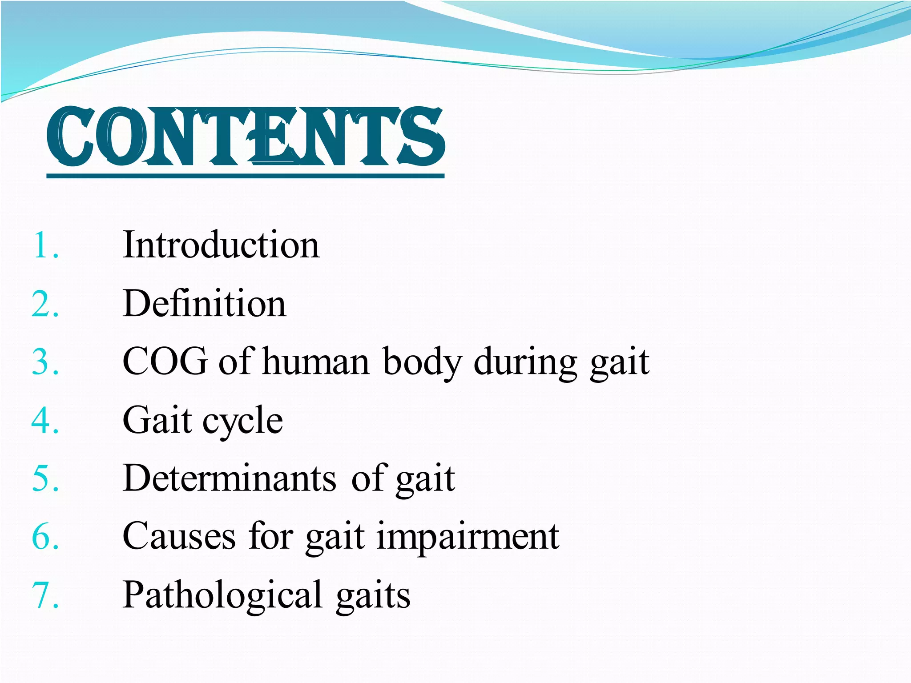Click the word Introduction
click(x=221, y=245)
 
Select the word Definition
click(x=204, y=304)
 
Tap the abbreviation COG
click(x=165, y=362)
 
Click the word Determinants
click(x=230, y=478)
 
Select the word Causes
click(x=179, y=537)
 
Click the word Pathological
click(x=222, y=595)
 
